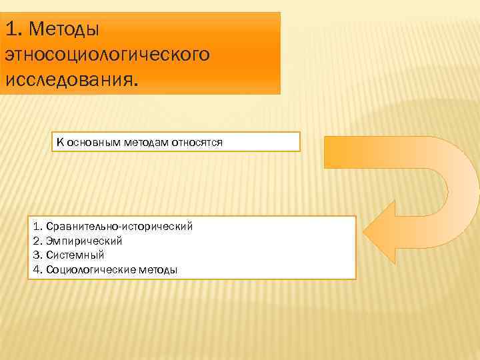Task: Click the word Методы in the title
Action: (63, 30)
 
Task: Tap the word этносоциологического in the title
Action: (107, 55)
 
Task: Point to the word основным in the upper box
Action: (91, 142)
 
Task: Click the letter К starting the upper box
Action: (60, 142)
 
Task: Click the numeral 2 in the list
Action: (35, 241)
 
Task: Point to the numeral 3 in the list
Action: (35, 255)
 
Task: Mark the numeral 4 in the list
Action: (35, 269)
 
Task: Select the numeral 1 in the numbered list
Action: (35, 226)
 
